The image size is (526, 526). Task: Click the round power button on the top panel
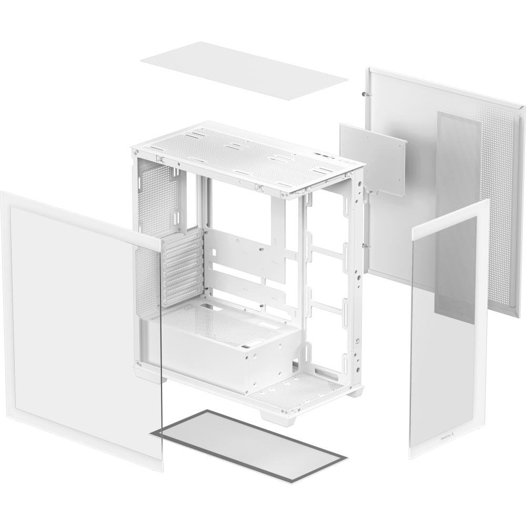344,158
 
